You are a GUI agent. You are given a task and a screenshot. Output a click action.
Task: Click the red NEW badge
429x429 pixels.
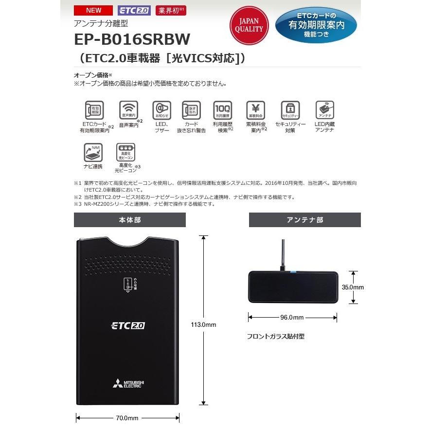point(93,10)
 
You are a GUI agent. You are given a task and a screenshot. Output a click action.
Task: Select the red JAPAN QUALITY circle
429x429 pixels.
point(249,25)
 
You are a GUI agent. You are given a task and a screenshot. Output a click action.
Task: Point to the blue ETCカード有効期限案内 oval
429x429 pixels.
point(316,25)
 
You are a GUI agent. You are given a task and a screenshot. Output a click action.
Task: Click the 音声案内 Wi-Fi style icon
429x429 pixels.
point(128,110)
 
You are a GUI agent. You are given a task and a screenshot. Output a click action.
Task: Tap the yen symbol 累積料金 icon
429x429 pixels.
point(255,110)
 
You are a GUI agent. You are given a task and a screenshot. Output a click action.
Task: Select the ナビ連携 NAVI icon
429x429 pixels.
point(93,152)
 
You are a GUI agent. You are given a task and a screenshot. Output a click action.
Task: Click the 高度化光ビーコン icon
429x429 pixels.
point(125,152)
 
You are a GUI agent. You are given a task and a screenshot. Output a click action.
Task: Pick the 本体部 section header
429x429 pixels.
point(130,220)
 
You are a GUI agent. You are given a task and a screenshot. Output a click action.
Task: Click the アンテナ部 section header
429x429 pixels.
point(304,220)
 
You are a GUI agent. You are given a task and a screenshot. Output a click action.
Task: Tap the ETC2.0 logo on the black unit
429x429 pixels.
point(128,325)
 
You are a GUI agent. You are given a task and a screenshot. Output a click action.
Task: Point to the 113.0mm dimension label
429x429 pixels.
point(204,324)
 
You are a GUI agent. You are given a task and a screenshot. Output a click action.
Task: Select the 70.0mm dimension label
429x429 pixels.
point(128,418)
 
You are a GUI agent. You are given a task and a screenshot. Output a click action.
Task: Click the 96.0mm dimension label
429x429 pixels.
point(292,318)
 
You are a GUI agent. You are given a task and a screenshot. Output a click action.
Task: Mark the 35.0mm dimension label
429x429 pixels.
point(353,287)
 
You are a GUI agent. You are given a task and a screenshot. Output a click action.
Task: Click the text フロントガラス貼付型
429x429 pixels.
point(275,336)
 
